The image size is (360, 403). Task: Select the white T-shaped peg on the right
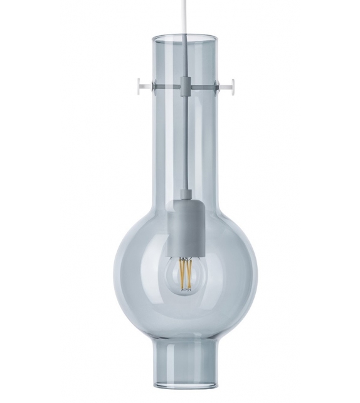click(230, 82)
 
